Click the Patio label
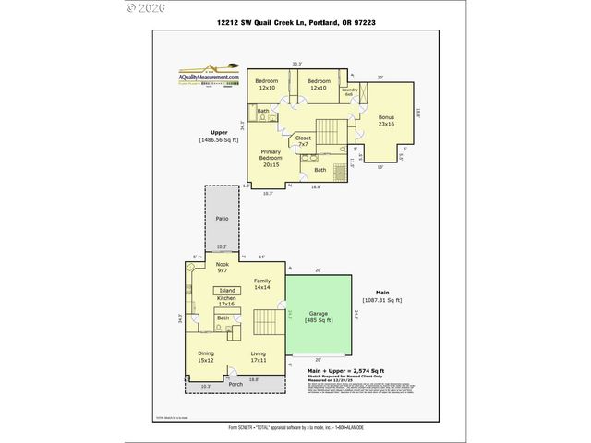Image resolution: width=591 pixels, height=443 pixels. point(222,219)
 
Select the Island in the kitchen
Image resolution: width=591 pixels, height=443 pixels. point(227,290)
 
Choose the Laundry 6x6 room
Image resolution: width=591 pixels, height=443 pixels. point(349,92)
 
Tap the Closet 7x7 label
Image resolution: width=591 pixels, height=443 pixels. point(303,141)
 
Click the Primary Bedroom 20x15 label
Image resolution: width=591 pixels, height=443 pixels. point(271,159)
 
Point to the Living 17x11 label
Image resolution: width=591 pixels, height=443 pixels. point(258,356)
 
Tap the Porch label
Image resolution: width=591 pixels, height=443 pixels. point(235,384)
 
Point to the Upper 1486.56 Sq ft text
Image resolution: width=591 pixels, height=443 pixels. point(218,137)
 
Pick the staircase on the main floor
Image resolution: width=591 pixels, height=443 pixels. point(265,323)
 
